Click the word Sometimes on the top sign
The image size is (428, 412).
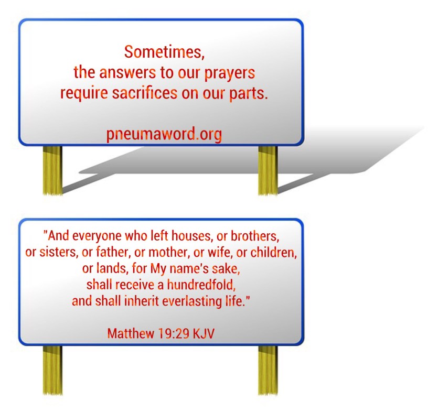click(x=163, y=52)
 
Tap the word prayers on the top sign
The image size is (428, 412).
click(x=230, y=73)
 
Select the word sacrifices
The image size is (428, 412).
click(x=145, y=93)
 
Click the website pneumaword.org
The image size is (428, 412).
click(x=164, y=135)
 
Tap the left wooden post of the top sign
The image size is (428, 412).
click(x=52, y=170)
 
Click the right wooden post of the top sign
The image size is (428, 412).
click(x=268, y=170)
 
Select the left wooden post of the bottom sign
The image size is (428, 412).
click(x=52, y=370)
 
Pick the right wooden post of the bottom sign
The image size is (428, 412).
click(x=268, y=370)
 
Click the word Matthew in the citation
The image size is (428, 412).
click(x=131, y=333)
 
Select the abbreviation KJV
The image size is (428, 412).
click(x=204, y=333)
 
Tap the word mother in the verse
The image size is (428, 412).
click(x=168, y=253)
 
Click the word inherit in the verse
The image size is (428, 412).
click(x=142, y=301)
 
